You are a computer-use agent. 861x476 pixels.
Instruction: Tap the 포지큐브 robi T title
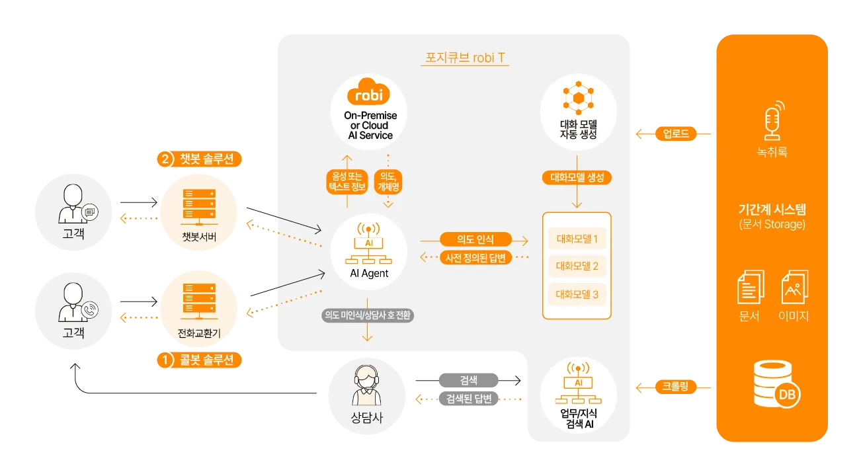(466, 58)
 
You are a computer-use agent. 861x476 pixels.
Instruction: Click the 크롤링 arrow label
(675, 386)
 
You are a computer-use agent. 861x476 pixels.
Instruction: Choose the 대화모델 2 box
(577, 266)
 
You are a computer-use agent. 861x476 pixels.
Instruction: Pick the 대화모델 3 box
(577, 294)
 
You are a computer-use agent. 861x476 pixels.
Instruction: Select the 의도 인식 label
(475, 239)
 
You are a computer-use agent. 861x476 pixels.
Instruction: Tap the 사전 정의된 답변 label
(475, 258)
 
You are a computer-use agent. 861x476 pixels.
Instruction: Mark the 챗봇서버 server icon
(199, 205)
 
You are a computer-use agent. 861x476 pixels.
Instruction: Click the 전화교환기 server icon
(199, 301)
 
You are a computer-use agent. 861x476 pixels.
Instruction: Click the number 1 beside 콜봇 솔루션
(164, 360)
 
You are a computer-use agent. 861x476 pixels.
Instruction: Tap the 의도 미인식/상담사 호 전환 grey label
(368, 315)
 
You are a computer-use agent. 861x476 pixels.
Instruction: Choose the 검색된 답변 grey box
(468, 399)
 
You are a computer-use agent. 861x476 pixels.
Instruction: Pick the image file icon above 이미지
(796, 287)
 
